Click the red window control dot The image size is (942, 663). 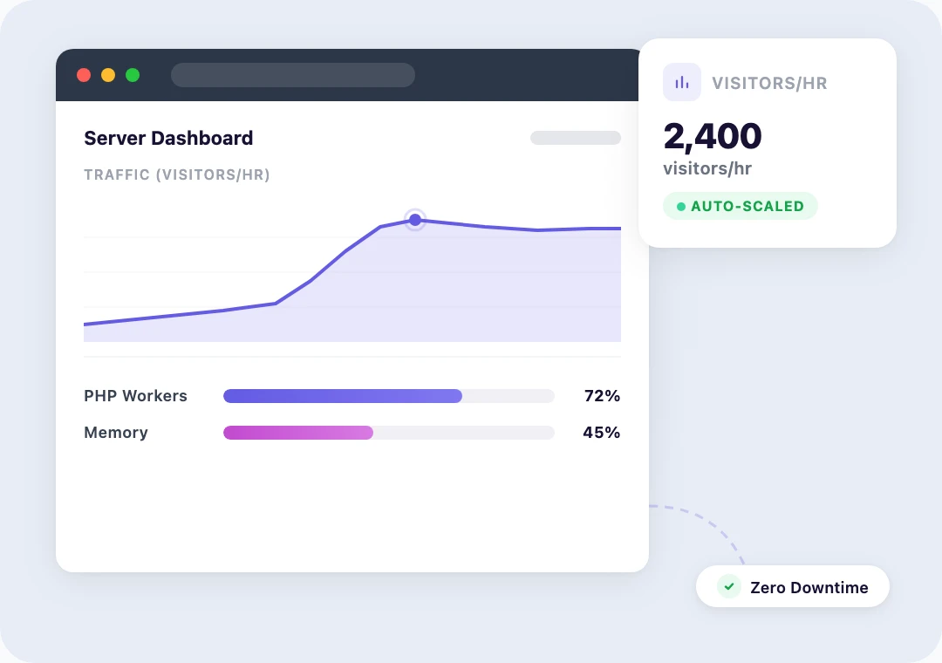click(x=84, y=75)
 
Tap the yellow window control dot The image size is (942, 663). click(x=108, y=75)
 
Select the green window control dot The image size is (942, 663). click(x=133, y=75)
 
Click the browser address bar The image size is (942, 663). click(x=292, y=75)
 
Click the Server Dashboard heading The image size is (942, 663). click(x=168, y=138)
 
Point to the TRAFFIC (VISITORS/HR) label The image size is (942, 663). click(x=176, y=175)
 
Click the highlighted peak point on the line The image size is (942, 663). click(x=415, y=220)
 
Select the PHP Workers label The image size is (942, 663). click(x=135, y=396)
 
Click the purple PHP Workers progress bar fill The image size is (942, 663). click(x=342, y=396)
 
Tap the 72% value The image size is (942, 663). click(x=602, y=396)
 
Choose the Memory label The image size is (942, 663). click(x=116, y=433)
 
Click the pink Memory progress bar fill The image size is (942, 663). click(x=298, y=433)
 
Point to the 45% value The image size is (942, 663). click(x=601, y=433)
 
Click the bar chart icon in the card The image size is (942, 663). click(x=682, y=83)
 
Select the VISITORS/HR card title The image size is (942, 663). click(x=769, y=84)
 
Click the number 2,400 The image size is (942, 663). click(x=713, y=136)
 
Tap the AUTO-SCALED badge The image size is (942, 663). click(x=741, y=207)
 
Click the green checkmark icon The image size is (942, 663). click(x=729, y=587)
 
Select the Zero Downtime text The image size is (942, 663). click(x=809, y=588)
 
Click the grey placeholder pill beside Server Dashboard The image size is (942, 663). click(x=576, y=138)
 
